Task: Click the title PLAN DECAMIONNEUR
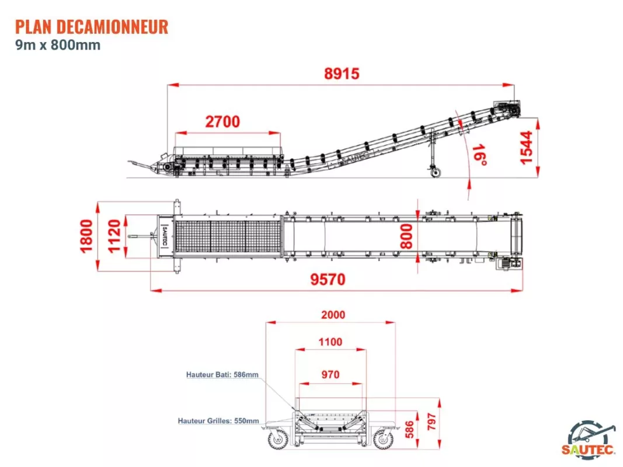coord(92,27)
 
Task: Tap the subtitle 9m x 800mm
coord(58,45)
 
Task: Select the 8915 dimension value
coord(342,74)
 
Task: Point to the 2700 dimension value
coord(222,121)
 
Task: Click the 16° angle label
coord(479,155)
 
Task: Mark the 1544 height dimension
coord(526,147)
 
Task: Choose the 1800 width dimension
coord(86,236)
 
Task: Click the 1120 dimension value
coord(114,236)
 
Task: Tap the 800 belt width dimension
coord(406,236)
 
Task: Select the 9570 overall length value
coord(328,280)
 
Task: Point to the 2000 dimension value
coord(333,315)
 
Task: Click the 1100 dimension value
coord(330,342)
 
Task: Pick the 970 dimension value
coord(330,374)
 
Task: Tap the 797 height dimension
coord(431,421)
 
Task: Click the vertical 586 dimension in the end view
coord(409,430)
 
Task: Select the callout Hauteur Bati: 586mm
coord(222,374)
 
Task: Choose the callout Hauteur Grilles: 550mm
coord(218,421)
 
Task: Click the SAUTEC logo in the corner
coord(589,438)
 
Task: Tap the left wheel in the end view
coord(278,439)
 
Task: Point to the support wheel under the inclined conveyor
coord(436,172)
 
